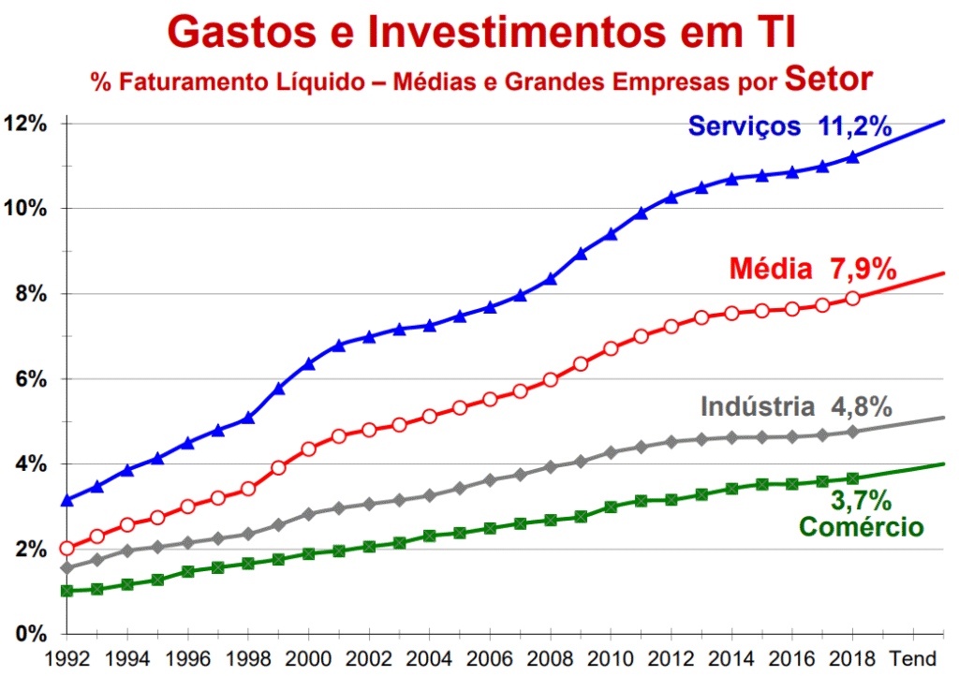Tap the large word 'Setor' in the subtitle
(828, 79)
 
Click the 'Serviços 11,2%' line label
(789, 126)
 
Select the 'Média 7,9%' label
(812, 270)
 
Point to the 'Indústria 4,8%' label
(796, 407)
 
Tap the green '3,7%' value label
(855, 501)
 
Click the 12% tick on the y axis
(25, 124)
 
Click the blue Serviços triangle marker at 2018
(852, 157)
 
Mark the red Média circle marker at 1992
(67, 549)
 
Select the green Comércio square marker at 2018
(852, 478)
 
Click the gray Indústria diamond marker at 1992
(67, 567)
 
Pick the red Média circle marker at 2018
(852, 298)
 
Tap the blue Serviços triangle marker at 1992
(67, 501)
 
